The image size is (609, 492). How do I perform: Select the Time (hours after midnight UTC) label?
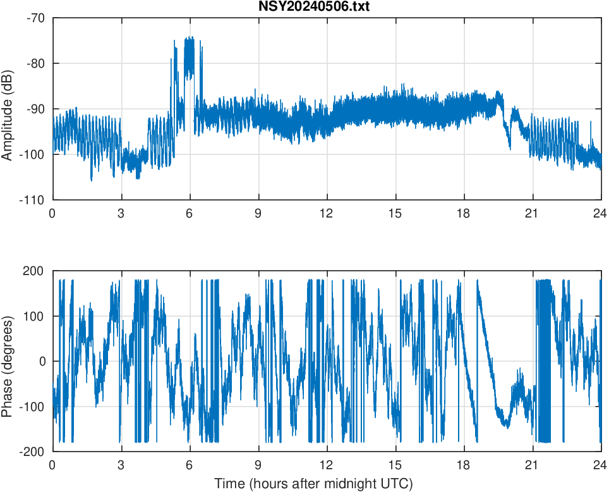click(313, 484)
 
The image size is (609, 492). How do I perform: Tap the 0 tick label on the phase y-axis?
click(42, 361)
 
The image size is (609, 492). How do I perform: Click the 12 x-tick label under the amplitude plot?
click(327, 213)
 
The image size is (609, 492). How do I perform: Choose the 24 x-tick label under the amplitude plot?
click(600, 213)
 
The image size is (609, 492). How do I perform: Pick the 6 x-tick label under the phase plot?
click(190, 465)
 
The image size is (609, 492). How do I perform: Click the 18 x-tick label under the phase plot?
click(464, 465)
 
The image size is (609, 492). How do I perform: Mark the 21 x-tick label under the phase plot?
click(532, 465)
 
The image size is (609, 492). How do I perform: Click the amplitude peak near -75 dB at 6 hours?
click(189, 40)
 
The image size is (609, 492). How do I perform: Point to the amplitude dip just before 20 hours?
click(510, 149)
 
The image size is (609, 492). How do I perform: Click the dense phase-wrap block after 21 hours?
click(543, 360)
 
